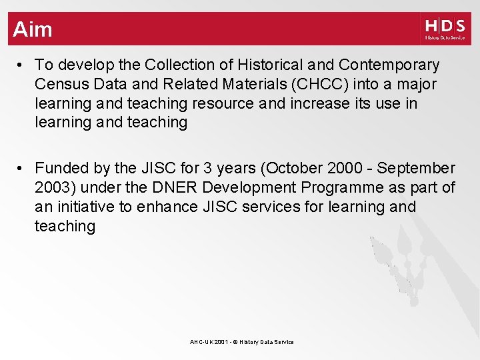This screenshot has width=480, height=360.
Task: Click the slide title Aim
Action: tap(32, 29)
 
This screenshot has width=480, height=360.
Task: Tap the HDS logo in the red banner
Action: tap(445, 29)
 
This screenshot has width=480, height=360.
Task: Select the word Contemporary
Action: tap(389, 65)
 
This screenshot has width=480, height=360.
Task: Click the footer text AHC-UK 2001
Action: tap(208, 342)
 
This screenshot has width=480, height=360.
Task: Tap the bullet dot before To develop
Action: tap(22, 65)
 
